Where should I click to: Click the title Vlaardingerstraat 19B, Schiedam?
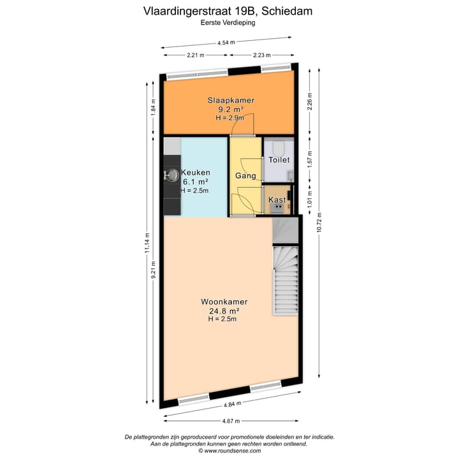(x=228, y=11)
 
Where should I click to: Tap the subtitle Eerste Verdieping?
(x=228, y=23)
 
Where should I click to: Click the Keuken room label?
(x=196, y=173)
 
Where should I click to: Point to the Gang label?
(x=245, y=175)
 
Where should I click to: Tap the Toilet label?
(x=279, y=161)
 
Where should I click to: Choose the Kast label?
(x=277, y=200)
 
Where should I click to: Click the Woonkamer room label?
(x=224, y=302)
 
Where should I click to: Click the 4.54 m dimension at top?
(x=226, y=43)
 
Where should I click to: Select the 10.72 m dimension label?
(x=319, y=224)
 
